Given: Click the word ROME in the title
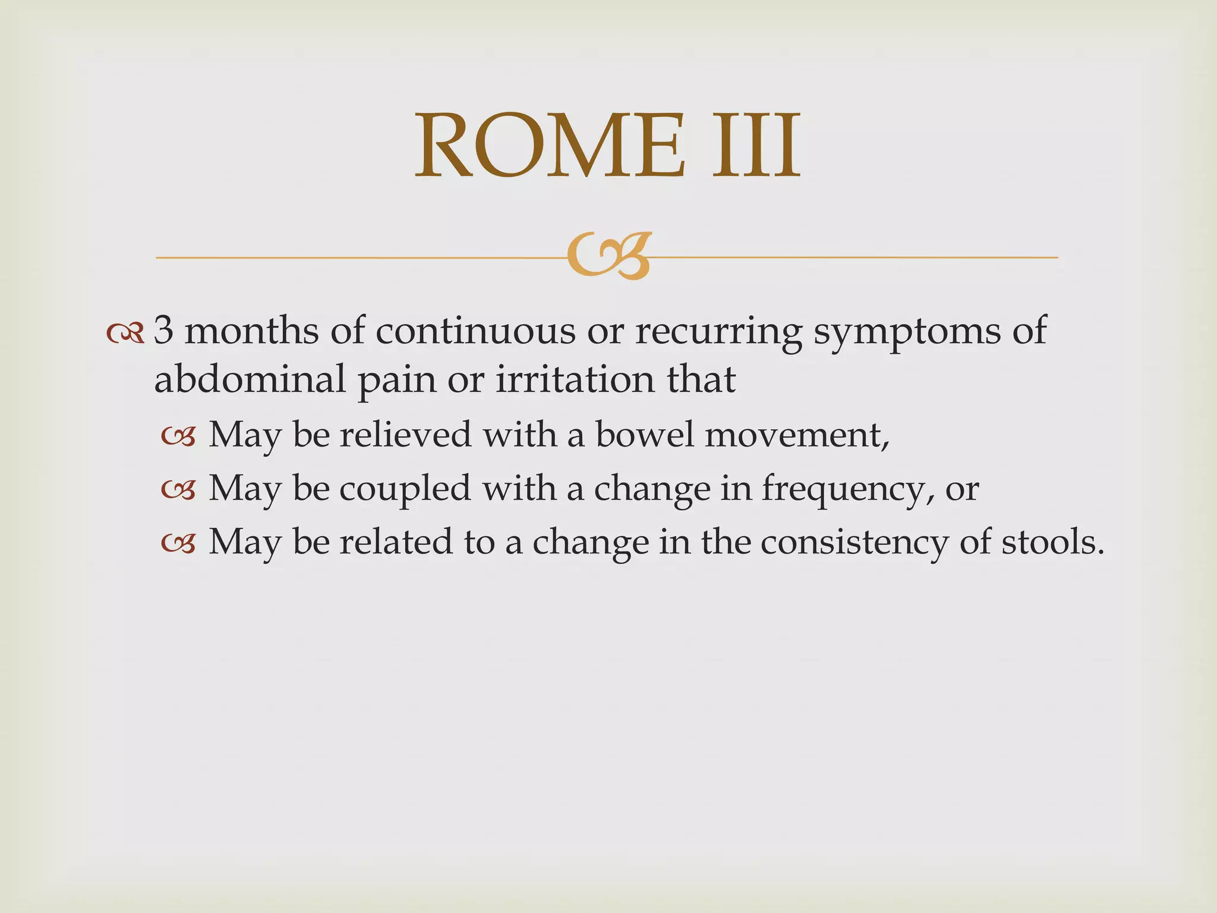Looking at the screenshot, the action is [x=550, y=147].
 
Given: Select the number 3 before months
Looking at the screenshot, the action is [x=163, y=330].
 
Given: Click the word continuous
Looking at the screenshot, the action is [x=475, y=330].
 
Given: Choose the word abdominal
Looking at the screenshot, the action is [x=250, y=379].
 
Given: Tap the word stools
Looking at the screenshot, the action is [x=1052, y=542].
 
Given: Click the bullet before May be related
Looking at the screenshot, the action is [x=178, y=544].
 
